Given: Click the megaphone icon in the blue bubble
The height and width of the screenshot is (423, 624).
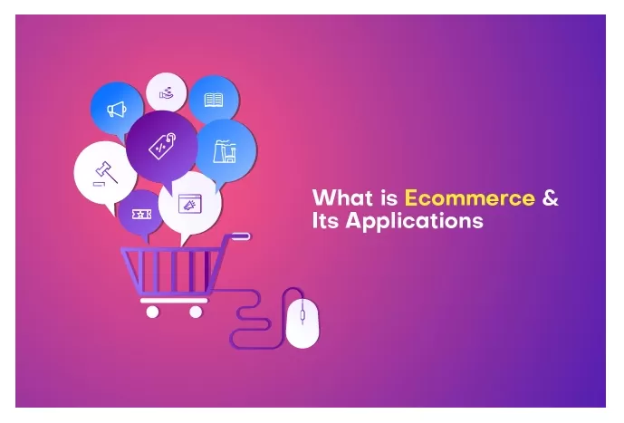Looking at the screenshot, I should (116, 110).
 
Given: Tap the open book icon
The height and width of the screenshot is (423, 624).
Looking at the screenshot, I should (214, 99).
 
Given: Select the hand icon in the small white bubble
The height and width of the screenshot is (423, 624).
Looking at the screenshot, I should (167, 91).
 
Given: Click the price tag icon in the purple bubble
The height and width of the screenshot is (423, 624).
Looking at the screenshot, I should (162, 144).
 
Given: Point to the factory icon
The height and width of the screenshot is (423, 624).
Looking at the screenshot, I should (224, 152).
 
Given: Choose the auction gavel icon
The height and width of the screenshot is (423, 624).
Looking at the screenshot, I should (105, 171).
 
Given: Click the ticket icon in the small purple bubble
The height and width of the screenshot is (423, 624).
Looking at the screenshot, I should (140, 213).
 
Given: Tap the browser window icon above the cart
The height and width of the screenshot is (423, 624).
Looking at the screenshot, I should (190, 204).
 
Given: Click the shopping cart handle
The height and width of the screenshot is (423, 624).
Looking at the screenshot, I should (240, 236).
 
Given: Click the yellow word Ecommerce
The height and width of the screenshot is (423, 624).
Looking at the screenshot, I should (469, 197).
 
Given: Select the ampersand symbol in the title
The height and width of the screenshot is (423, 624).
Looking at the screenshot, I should (550, 197).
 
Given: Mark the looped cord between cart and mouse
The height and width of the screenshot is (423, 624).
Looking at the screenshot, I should (248, 317).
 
